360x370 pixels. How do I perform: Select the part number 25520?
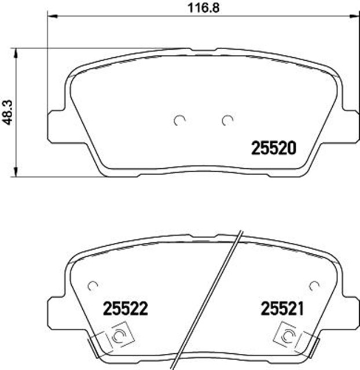pyautogui.click(x=273, y=148)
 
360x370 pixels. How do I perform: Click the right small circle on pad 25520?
pyautogui.click(x=227, y=120)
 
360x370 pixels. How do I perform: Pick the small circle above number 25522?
pyautogui.click(x=91, y=286)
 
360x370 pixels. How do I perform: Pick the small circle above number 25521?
pyautogui.click(x=314, y=286)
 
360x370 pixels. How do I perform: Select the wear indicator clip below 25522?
pyautogui.click(x=116, y=336)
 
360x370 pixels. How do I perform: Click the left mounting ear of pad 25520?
pyautogui.click(x=53, y=121)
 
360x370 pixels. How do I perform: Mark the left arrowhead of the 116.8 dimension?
pyautogui.click(x=50, y=17)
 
